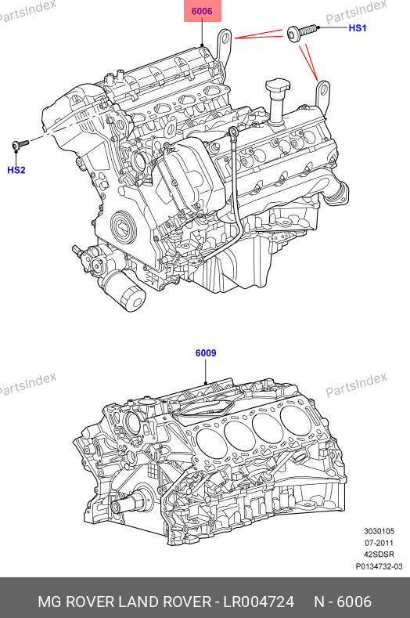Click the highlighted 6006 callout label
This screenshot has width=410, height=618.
coord(202,11)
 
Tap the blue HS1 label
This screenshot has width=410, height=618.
coord(358,28)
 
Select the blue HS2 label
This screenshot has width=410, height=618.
coord(16,170)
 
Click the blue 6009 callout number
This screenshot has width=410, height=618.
coord(206,352)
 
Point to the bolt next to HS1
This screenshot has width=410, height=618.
coord(302,32)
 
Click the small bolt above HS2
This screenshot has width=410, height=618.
coord(20,144)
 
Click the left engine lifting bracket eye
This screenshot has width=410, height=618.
coord(225,38)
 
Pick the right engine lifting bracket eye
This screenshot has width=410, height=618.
coord(323,90)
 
